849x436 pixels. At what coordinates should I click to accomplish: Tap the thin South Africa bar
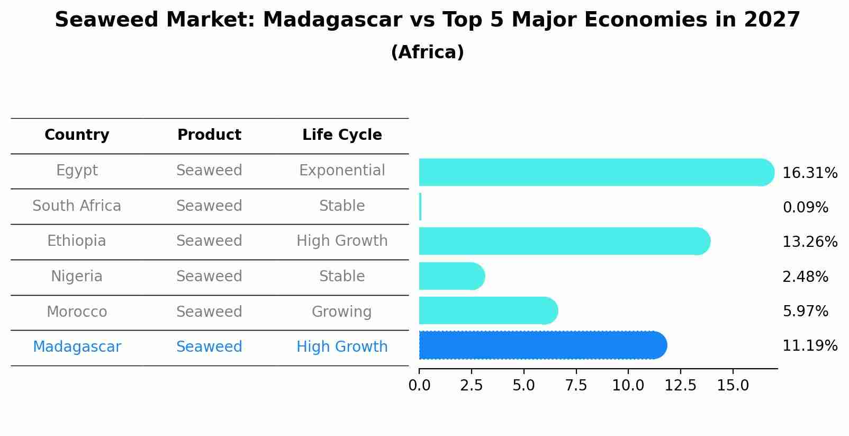[420, 207]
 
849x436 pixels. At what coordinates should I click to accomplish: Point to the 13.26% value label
[809, 242]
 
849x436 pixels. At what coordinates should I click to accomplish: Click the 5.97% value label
[805, 312]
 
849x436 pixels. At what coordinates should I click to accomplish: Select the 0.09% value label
[805, 208]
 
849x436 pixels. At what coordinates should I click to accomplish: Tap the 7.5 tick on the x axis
[576, 386]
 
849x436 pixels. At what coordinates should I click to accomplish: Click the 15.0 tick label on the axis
[733, 386]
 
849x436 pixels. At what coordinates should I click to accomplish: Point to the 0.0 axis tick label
[419, 386]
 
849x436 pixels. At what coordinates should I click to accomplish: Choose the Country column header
[77, 135]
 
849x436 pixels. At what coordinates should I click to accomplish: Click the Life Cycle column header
[342, 135]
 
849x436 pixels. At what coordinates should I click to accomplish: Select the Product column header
[209, 135]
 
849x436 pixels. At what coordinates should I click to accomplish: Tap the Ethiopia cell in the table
[77, 241]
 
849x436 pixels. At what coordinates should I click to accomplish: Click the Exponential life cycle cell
[342, 171]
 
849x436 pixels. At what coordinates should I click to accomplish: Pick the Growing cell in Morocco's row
[341, 312]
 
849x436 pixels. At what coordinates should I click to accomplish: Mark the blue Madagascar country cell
[77, 347]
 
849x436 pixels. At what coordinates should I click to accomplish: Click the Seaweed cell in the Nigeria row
[209, 277]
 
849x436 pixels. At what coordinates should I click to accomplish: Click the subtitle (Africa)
[427, 52]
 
